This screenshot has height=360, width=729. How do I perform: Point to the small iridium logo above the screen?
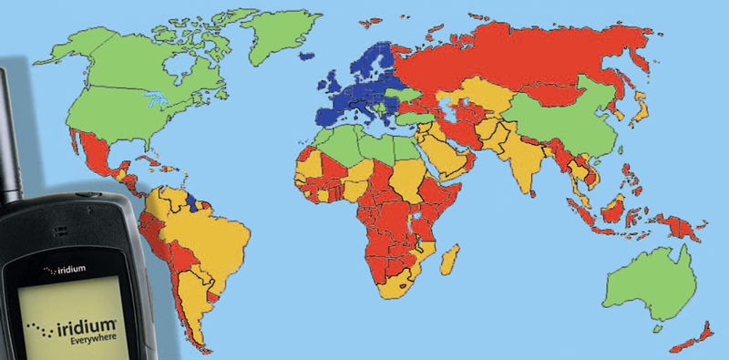pyautogui.click(x=63, y=271)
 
